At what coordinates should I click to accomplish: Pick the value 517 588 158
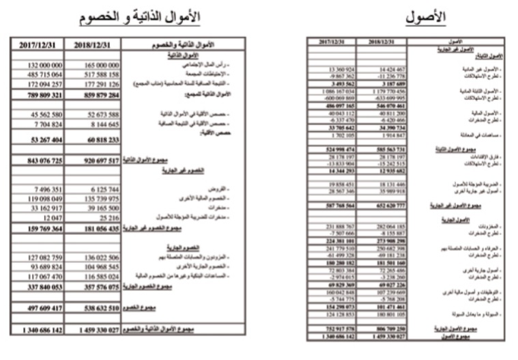pos(97,73)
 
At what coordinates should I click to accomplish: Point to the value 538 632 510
pos(96,308)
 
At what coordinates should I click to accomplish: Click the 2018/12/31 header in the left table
pos(96,44)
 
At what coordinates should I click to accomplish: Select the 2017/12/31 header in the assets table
pos(335,42)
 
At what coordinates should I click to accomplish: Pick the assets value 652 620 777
pos(384,205)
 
